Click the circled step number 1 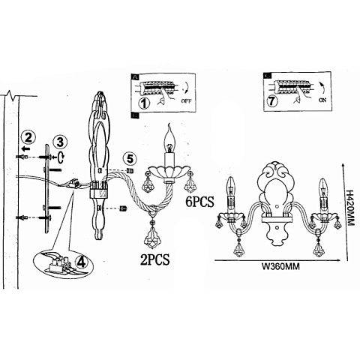(x=143, y=103)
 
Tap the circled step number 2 (x=28, y=138)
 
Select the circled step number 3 (x=60, y=142)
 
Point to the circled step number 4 (x=82, y=262)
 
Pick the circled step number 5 (x=130, y=159)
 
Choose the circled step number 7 (x=272, y=101)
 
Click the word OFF (x=186, y=101)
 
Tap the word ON (x=322, y=100)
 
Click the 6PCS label (x=199, y=202)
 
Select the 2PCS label (x=154, y=259)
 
